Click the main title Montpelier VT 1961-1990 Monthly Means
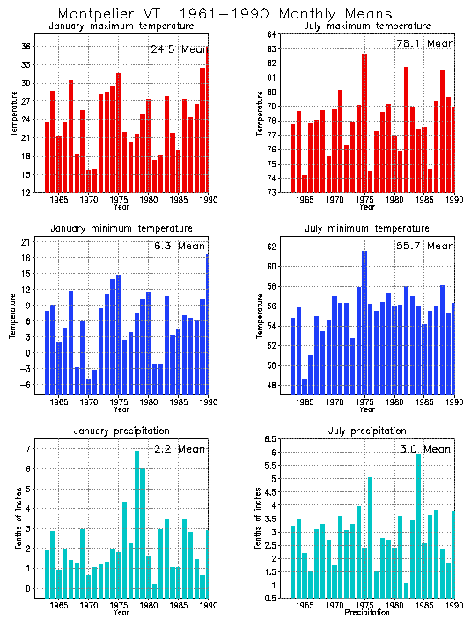(224, 14)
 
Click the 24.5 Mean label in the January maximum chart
(179, 49)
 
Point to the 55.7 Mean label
(426, 247)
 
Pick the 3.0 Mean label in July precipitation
(426, 449)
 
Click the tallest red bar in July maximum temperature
(364, 123)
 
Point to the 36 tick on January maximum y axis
(26, 46)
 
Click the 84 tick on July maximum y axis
(272, 33)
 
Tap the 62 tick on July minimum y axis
(272, 247)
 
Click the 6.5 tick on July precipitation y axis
(270, 439)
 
